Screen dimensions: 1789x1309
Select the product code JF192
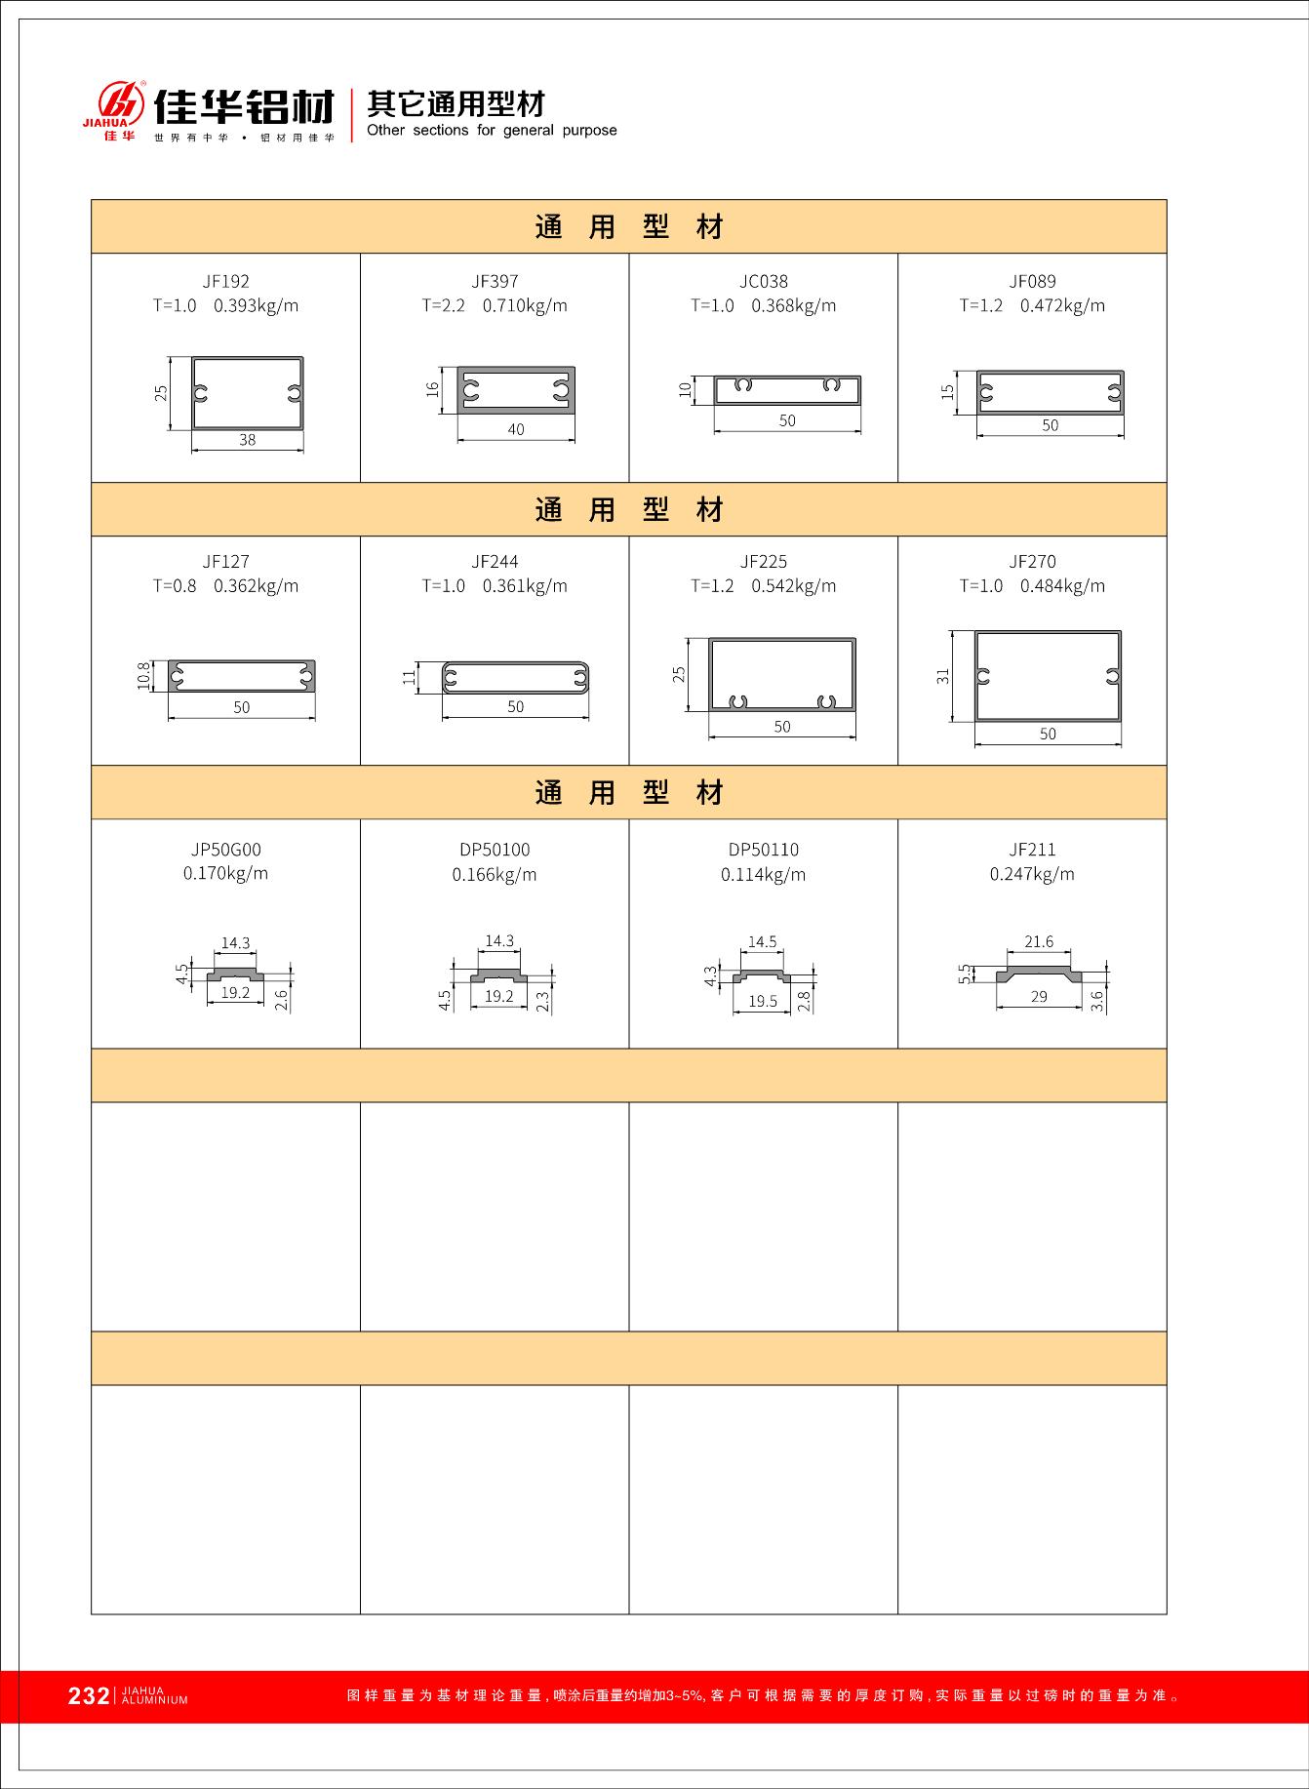click(x=225, y=282)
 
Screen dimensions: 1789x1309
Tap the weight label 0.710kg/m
click(x=525, y=305)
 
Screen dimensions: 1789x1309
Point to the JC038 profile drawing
click(x=787, y=389)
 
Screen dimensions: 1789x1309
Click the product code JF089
click(x=1032, y=282)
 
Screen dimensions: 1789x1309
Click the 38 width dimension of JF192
click(x=248, y=440)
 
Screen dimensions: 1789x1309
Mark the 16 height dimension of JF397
click(x=433, y=389)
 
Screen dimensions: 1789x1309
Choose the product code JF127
click(x=225, y=562)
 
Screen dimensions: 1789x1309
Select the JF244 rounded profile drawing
click(x=515, y=677)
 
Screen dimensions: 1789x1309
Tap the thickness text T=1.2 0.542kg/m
click(x=764, y=586)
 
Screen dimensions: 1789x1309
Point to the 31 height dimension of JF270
click(x=943, y=675)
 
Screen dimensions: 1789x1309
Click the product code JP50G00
click(x=225, y=850)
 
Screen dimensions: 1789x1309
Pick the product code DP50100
click(x=495, y=850)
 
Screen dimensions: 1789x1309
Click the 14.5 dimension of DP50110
click(x=762, y=942)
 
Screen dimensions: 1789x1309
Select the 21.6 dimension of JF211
click(x=1039, y=942)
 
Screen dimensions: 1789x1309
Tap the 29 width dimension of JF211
click(x=1039, y=997)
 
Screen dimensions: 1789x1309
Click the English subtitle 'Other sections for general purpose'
click(x=492, y=131)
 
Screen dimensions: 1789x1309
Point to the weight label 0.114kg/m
click(x=764, y=875)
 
